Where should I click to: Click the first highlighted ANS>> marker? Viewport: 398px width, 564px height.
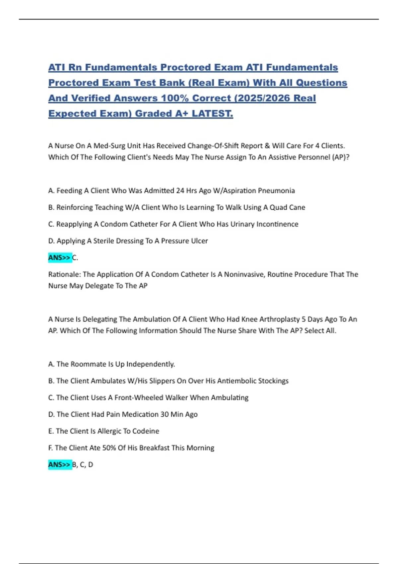pos(60,257)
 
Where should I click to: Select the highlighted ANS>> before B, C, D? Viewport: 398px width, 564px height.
pos(60,464)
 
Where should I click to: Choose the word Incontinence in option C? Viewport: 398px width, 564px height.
pos(277,224)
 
